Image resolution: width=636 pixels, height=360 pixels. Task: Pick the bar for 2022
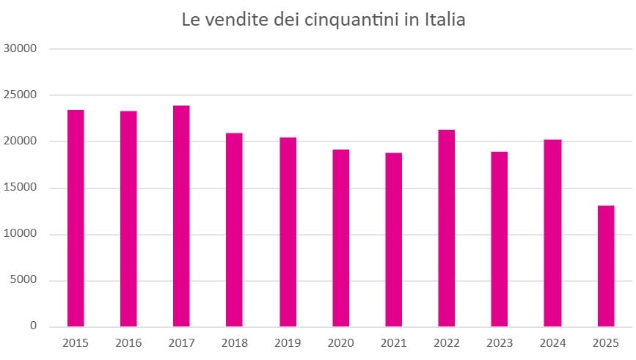tap(446, 227)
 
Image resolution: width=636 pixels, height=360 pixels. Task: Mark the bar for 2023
tap(500, 238)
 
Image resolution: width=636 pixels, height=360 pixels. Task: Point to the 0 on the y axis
tap(33, 326)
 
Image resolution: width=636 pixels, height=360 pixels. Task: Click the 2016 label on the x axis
tap(128, 342)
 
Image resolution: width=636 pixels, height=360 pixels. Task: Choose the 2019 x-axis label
tap(288, 342)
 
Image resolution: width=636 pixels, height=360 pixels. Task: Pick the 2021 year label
tap(393, 342)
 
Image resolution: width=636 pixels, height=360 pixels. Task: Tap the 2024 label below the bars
tap(552, 342)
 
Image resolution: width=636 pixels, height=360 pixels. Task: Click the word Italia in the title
tap(445, 20)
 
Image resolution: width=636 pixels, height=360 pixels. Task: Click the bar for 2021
tap(393, 239)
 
